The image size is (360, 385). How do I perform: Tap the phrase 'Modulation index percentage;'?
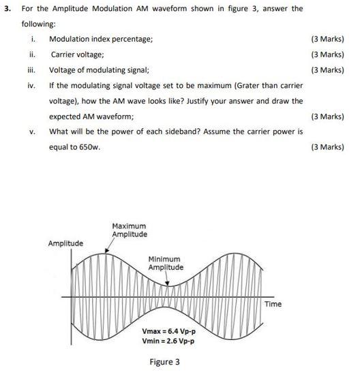101,39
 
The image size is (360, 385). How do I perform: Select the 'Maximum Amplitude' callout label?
129,230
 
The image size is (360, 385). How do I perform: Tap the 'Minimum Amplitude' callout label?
165,263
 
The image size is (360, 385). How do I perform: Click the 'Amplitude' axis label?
65,243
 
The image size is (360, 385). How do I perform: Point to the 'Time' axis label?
273,304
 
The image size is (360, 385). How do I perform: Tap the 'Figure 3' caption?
165,362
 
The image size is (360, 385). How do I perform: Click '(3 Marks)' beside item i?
327,39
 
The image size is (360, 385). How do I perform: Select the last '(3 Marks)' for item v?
327,147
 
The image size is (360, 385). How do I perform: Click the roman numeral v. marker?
32,132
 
